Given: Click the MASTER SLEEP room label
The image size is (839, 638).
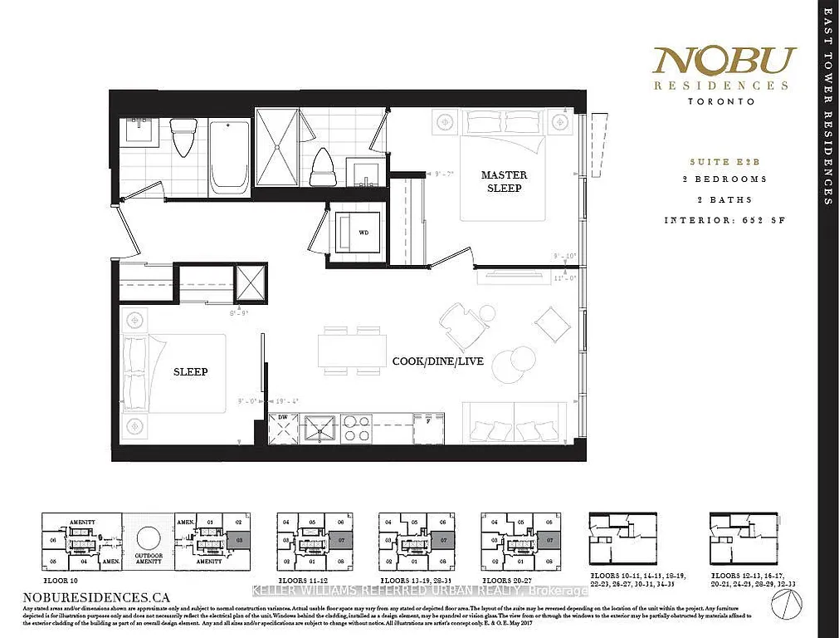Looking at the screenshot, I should click(505, 182).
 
